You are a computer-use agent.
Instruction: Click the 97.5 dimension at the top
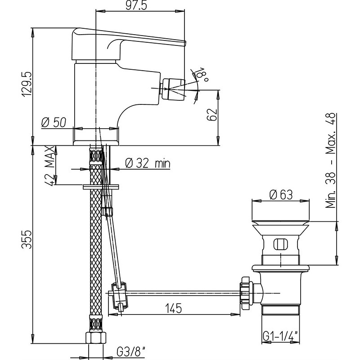point(136,5)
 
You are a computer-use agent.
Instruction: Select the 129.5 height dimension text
point(27,84)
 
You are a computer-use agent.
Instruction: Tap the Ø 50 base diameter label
point(54,122)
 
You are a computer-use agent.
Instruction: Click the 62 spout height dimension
point(211,114)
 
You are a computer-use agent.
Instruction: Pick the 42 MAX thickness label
point(50,165)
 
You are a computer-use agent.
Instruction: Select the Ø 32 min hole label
point(148,163)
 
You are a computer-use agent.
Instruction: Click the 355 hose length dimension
point(27,239)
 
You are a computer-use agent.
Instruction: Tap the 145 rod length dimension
point(173,308)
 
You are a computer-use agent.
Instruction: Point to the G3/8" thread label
point(131,351)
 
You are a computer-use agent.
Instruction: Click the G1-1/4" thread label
point(280,336)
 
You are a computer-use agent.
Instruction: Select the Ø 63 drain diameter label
point(281,195)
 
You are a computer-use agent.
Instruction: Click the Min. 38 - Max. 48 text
point(331,161)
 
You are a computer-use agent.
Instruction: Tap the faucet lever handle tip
point(184,43)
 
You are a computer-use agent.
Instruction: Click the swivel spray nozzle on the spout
point(173,88)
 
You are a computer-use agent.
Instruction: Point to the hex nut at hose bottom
point(96,337)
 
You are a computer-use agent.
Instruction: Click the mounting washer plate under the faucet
point(101,187)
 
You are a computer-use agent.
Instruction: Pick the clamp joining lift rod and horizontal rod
point(119,295)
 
